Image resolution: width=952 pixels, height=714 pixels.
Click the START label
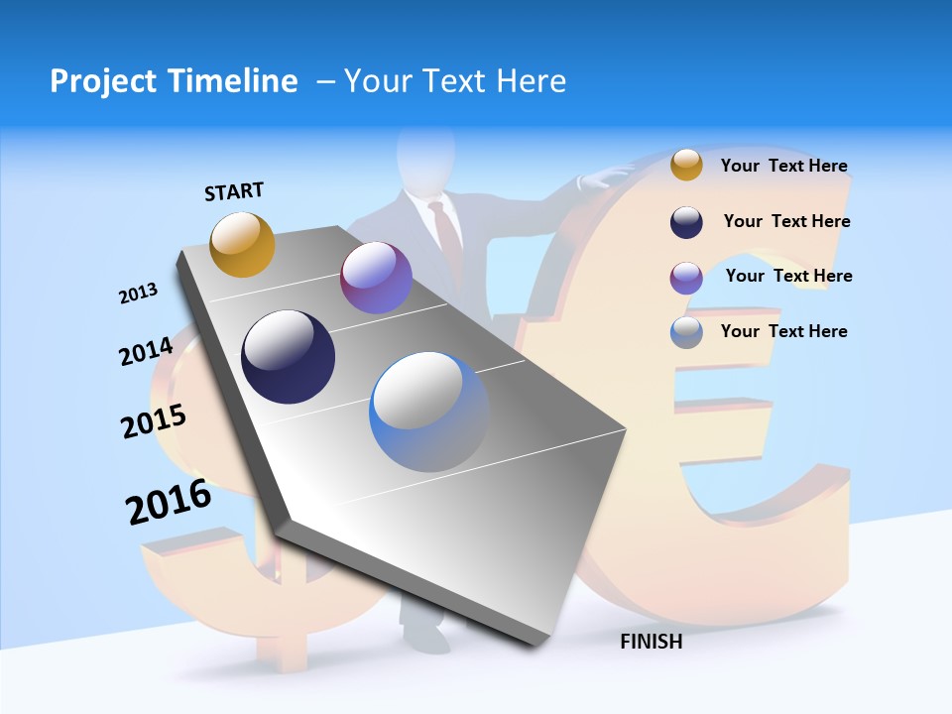click(234, 191)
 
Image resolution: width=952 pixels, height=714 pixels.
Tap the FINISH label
click(652, 642)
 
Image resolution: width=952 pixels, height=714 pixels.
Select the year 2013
click(138, 294)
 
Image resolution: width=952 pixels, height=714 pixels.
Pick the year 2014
click(146, 351)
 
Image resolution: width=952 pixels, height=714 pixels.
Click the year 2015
click(154, 421)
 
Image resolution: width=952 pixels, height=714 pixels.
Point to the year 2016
click(169, 502)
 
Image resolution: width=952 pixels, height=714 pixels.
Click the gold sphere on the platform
click(242, 244)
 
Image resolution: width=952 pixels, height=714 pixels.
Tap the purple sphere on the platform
click(376, 278)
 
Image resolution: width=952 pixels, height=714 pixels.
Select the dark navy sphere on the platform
click(288, 357)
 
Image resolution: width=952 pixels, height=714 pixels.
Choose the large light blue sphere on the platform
click(428, 412)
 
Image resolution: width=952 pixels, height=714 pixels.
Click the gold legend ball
click(686, 166)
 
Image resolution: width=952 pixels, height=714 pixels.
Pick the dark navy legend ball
click(686, 222)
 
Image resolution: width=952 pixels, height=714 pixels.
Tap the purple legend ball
click(686, 278)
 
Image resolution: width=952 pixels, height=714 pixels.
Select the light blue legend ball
click(686, 332)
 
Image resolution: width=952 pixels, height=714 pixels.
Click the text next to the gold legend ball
click(784, 166)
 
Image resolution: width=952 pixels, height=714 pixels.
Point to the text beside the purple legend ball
click(788, 276)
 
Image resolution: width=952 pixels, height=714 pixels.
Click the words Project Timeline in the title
click(174, 81)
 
